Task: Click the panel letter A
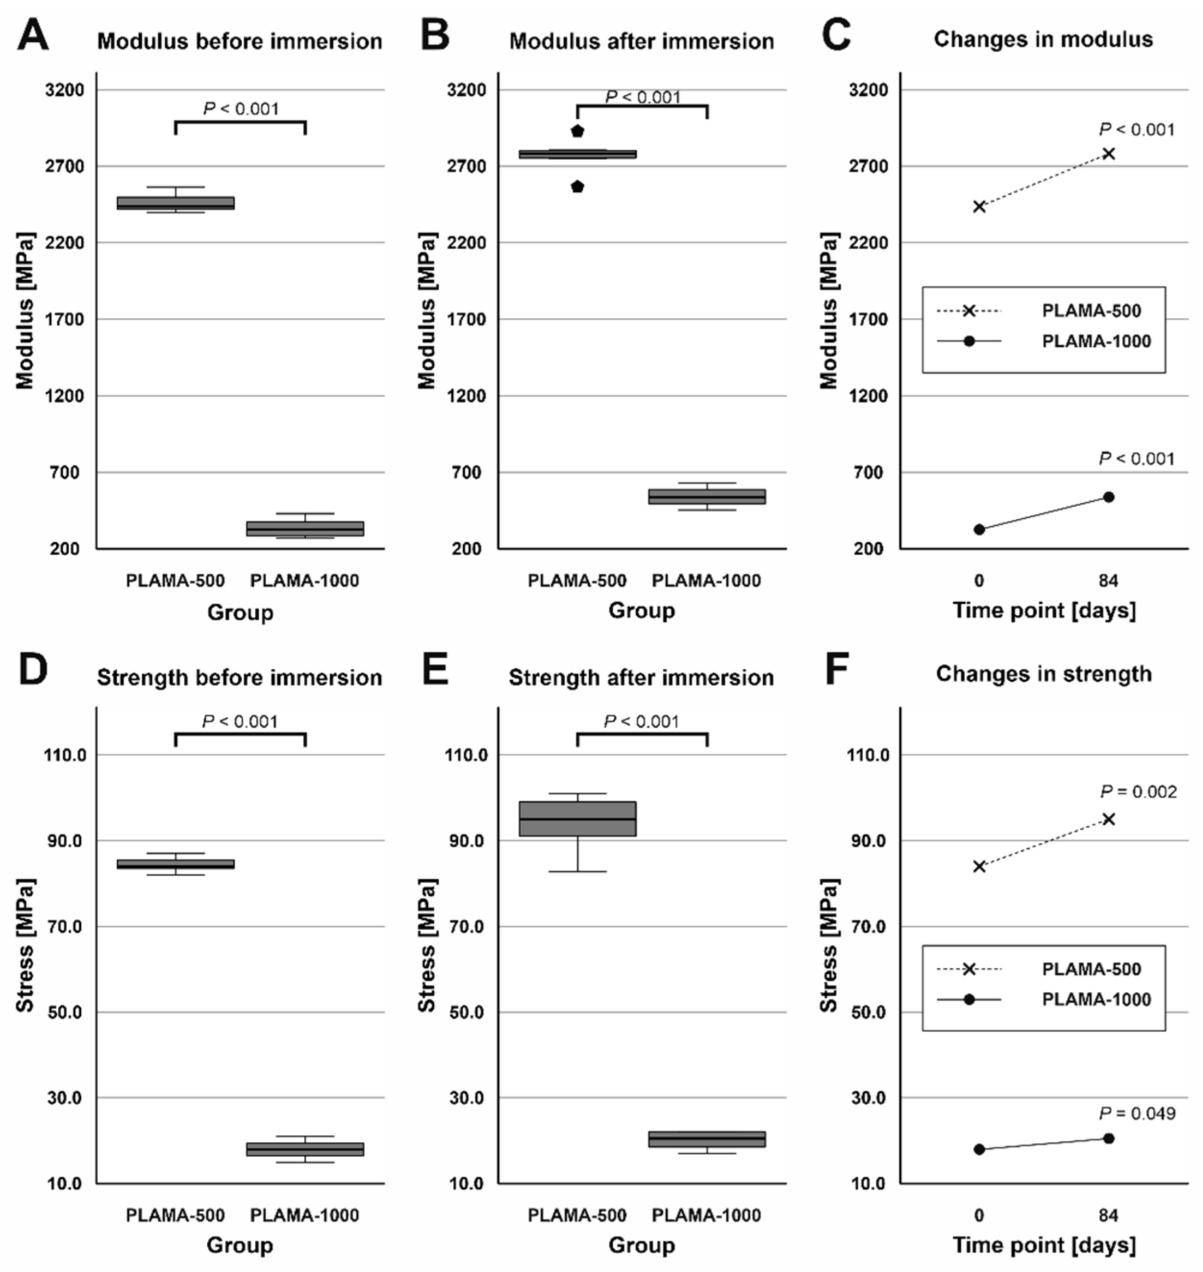[x=33, y=35]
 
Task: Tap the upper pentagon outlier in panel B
[x=577, y=132]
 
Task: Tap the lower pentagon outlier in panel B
[x=577, y=187]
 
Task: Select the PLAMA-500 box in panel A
[x=175, y=203]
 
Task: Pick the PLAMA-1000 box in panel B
[x=707, y=497]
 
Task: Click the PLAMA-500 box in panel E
[x=577, y=819]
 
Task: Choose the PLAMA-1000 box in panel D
[x=305, y=1149]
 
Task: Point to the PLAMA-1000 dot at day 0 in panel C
[x=979, y=529]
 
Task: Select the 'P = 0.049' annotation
[x=1137, y=1113]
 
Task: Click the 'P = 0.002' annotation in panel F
[x=1138, y=792]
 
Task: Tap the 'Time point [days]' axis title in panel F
[x=1044, y=1245]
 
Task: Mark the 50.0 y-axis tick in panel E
[x=466, y=1012]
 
